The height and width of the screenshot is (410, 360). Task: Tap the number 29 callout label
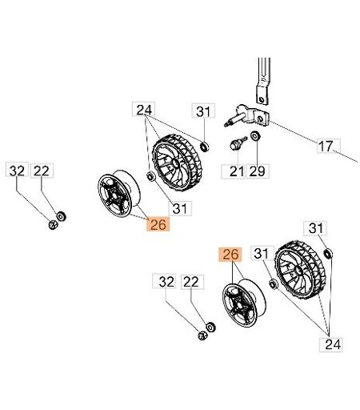coord(258,171)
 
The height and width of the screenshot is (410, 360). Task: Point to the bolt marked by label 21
coord(238,143)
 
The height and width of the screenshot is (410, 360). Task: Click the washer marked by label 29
coord(255,136)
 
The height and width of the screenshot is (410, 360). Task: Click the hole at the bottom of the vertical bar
coord(262,100)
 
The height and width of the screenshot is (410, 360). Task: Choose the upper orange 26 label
coord(158,224)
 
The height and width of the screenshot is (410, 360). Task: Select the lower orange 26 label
coord(230,255)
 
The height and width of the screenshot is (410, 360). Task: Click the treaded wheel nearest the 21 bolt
coord(176,163)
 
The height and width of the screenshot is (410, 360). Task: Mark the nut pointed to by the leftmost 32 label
coord(53,225)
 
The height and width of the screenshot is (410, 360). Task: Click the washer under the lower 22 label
coord(210,328)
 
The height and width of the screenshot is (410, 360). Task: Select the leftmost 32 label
coord(17,171)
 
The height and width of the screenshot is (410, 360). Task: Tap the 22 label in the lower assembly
coord(192,282)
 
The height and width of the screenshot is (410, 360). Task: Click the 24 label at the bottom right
coord(330,344)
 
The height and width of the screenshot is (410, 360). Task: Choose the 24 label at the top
coord(144,109)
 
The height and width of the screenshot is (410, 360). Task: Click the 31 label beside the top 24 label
coord(203,111)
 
